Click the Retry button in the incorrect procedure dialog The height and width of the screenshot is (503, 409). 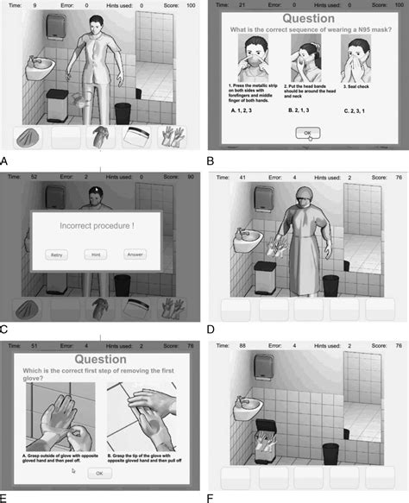[57, 254]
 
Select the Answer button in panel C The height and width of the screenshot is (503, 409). [135, 254]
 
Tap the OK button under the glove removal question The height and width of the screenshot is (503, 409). [100, 473]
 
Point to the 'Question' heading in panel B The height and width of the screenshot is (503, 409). [307, 17]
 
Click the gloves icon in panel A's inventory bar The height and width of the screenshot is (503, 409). [175, 138]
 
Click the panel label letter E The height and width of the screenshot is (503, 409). [7, 496]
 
